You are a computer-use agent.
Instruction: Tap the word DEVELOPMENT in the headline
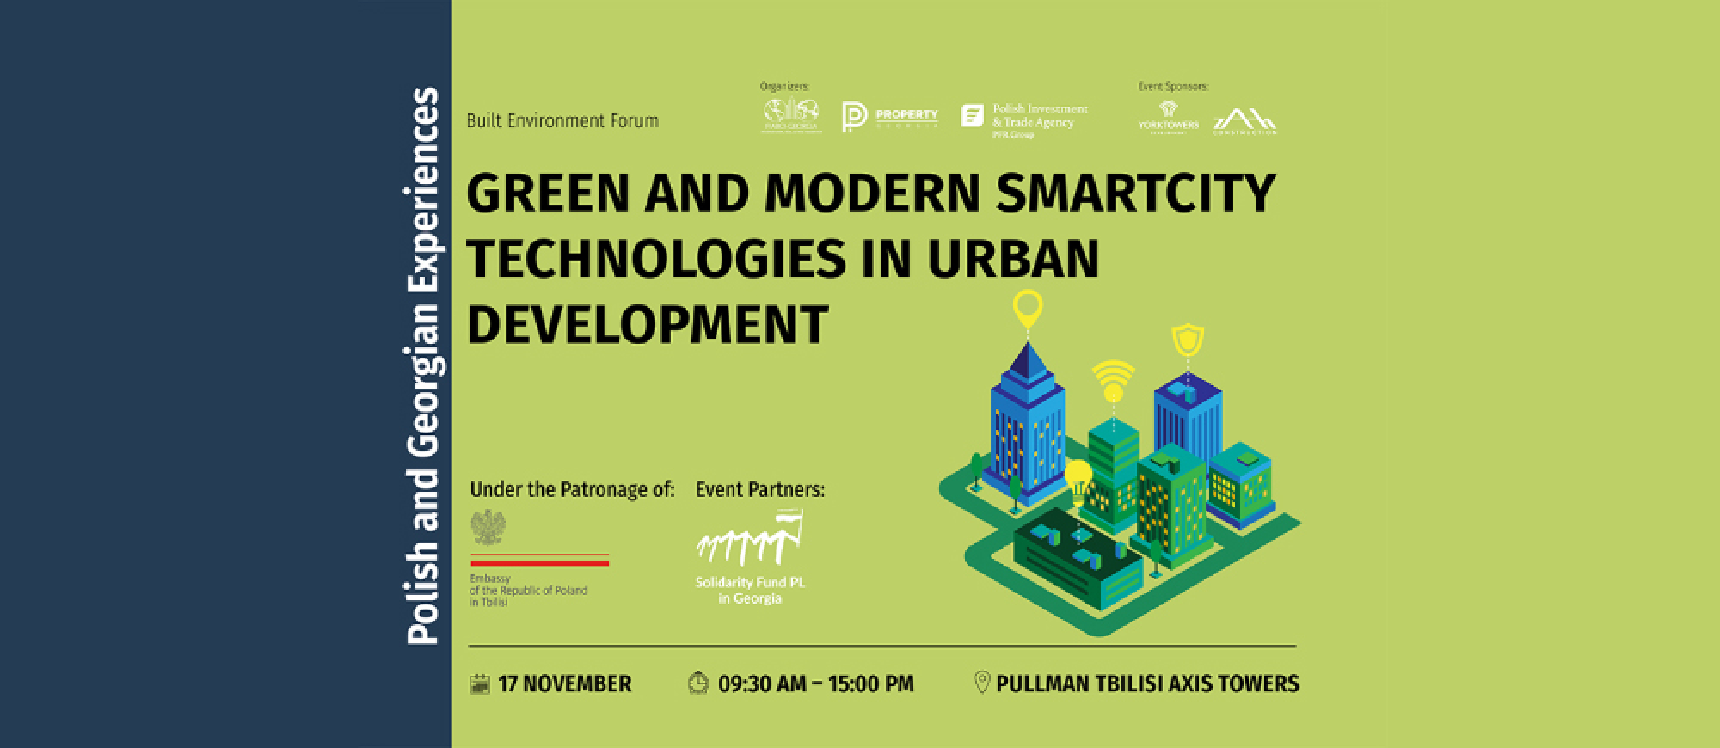pos(647,323)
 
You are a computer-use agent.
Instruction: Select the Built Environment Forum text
pos(562,121)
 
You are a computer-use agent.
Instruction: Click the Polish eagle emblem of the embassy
pos(488,528)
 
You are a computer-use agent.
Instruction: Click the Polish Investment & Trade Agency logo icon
pos(972,116)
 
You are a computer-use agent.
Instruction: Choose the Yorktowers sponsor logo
pos(1167,116)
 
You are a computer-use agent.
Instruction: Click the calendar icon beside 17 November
pos(479,684)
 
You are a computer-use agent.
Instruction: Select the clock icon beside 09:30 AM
pos(698,684)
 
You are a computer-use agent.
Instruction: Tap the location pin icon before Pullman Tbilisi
pos(981,684)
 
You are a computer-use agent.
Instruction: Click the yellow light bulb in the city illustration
pos(1077,475)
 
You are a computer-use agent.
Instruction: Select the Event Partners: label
pos(759,490)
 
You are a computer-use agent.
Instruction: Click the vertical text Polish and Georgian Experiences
pos(422,365)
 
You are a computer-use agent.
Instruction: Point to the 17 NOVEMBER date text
pos(564,684)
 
